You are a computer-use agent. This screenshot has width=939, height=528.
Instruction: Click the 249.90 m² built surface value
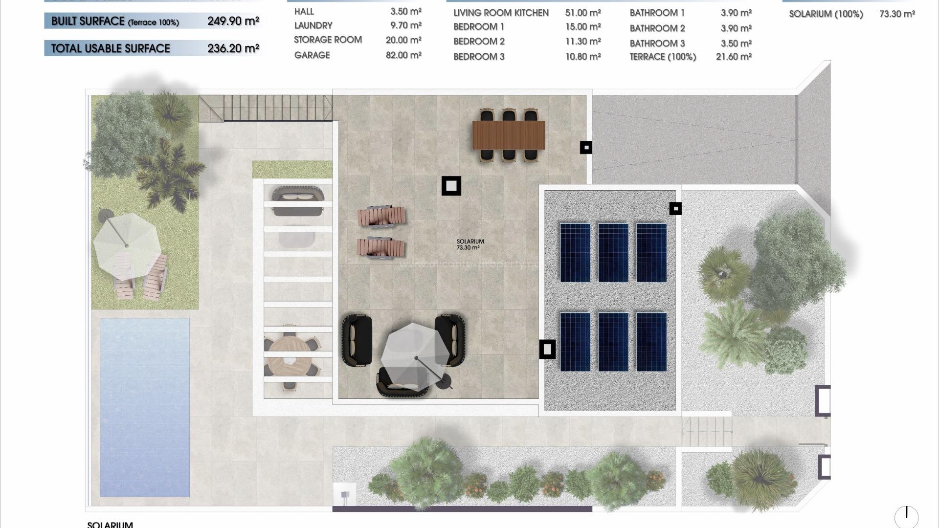click(233, 21)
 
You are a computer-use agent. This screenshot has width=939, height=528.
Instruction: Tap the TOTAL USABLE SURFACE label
click(111, 48)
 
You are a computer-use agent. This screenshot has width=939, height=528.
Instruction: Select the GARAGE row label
click(312, 55)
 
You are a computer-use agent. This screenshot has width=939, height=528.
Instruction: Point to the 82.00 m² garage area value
click(403, 55)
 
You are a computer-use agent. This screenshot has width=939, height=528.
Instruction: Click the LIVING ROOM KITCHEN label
click(501, 13)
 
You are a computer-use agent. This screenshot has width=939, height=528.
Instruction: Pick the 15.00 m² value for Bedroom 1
click(583, 27)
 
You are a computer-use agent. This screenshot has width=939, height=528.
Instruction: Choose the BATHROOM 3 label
click(657, 44)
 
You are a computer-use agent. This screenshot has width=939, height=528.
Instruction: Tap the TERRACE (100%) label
click(663, 57)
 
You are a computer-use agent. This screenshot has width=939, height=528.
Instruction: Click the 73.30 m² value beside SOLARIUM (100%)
click(897, 14)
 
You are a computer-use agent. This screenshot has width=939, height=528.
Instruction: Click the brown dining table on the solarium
click(508, 135)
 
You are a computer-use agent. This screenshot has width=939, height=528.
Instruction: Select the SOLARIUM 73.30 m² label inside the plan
click(470, 244)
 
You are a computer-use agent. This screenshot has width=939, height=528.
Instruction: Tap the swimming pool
click(144, 407)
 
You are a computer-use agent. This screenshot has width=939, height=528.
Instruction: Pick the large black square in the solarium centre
click(451, 186)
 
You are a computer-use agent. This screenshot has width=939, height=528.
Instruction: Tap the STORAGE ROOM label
click(328, 40)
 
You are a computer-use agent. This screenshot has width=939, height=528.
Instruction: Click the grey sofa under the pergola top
click(298, 202)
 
